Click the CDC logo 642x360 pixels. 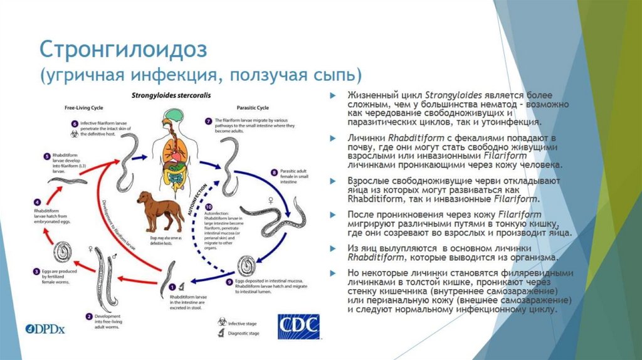tap(298, 327)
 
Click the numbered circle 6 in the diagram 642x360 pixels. tap(75, 124)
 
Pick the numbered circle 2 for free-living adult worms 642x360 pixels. tap(90, 316)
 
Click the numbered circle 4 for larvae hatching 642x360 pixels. tap(38, 202)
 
